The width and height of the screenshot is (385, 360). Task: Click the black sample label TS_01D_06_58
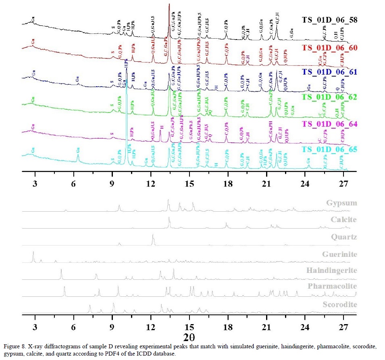[x=329, y=19]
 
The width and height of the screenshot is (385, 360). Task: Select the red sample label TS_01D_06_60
[x=329, y=48]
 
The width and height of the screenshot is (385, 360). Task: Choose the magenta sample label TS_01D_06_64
[x=329, y=124]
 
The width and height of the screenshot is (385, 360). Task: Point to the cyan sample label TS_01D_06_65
[x=329, y=150]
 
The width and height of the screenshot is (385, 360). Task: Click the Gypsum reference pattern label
[x=341, y=203]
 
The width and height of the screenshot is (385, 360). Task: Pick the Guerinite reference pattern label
[x=339, y=254]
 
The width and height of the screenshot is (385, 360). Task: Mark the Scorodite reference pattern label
[x=339, y=304]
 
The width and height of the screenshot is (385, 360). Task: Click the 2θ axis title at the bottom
[x=189, y=337]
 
